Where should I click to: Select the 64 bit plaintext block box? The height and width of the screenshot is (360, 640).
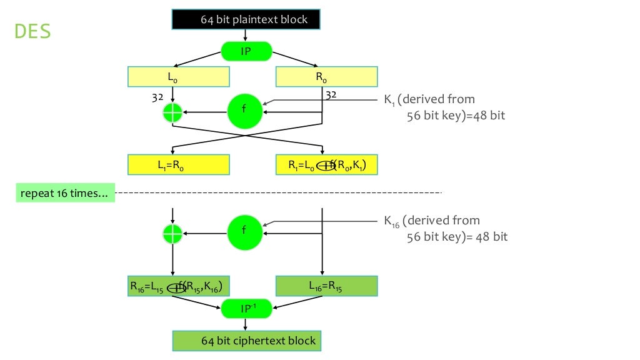click(246, 19)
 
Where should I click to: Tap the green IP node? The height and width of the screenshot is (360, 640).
click(246, 51)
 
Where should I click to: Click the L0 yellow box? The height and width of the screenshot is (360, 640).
click(178, 77)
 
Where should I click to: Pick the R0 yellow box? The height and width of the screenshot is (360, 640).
click(326, 77)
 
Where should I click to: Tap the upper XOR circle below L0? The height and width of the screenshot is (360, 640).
click(172, 112)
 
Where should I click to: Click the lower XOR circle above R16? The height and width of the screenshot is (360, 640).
click(172, 233)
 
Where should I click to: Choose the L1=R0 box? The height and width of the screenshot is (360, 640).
click(178, 165)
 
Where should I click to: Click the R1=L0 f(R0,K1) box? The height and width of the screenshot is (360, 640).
click(326, 165)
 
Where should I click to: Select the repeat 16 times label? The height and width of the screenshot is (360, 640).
click(65, 193)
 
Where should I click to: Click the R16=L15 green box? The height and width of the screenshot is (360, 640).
click(178, 286)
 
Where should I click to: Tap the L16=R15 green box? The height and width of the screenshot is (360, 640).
click(326, 286)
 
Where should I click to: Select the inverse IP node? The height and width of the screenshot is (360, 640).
click(246, 308)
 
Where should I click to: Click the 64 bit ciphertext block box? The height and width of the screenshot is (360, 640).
click(246, 341)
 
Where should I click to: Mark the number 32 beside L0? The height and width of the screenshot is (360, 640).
click(157, 97)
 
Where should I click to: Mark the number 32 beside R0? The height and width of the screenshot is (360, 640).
click(331, 95)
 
